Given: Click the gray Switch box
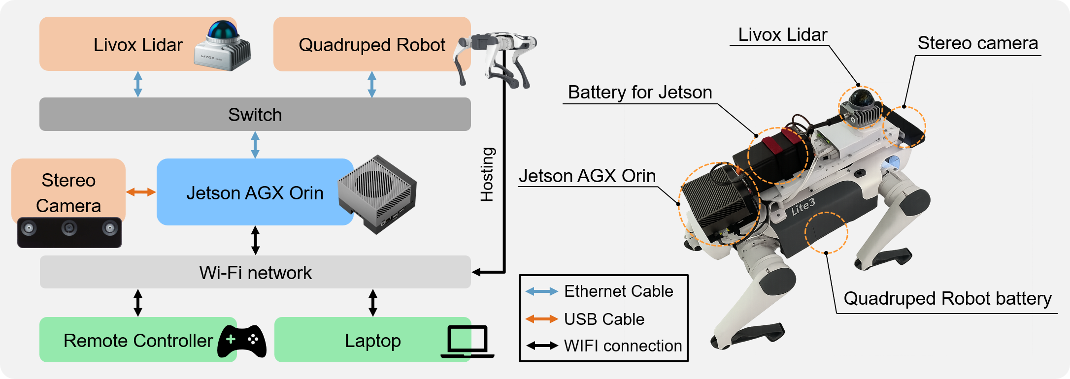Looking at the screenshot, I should pos(255,114).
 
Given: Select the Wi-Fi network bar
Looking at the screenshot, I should pos(255,272).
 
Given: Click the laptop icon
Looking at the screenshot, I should pos(467,341).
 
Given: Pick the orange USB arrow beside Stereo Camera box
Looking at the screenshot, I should pos(141,192).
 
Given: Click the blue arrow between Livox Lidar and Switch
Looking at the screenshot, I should pos(138,84).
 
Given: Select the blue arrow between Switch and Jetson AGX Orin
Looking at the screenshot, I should pos(255,145).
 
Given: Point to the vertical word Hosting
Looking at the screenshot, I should pos(487,174).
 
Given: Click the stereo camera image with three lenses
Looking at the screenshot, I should pos(69,232).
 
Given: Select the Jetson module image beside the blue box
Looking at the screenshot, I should pos(377,194).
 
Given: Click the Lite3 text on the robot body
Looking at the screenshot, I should pos(803,207).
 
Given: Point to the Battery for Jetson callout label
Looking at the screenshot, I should pos(639,93).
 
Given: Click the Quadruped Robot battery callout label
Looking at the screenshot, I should pos(947,299).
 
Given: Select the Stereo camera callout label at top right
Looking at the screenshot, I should pos(977,43).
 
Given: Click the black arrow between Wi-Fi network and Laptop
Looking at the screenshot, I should pos(373,302).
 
